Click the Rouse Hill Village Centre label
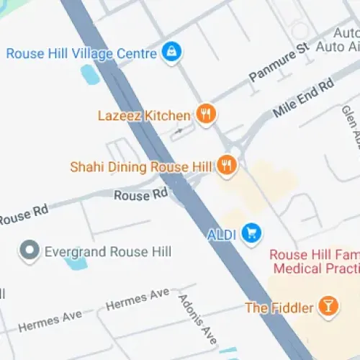tap(81, 53)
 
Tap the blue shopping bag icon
tap(171, 52)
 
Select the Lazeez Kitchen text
tap(145, 115)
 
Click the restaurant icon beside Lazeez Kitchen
tap(206, 114)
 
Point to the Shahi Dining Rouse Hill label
tap(140, 167)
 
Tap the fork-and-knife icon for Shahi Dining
tap(227, 166)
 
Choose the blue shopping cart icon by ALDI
tap(251, 233)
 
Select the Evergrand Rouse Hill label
tap(107, 251)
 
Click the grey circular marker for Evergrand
tap(30, 251)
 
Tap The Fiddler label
tap(279, 307)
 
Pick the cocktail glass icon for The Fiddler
tap(328, 306)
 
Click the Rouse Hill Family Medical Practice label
tap(314, 261)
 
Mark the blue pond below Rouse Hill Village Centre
tap(89, 73)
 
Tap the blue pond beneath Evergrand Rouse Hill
tap(75, 263)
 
